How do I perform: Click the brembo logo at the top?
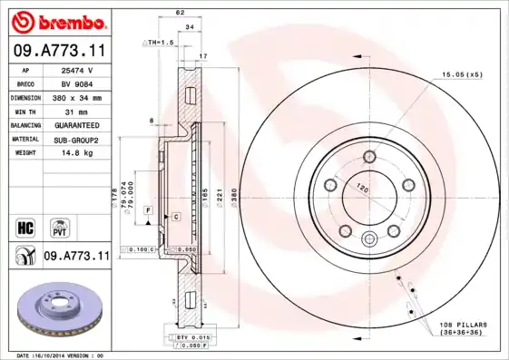[57, 20]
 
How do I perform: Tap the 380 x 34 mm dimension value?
[76, 96]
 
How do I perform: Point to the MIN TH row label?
[24, 111]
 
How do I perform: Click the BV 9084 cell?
[76, 83]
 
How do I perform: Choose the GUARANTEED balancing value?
[76, 125]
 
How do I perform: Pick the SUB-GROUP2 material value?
[76, 140]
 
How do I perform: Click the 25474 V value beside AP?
[76, 69]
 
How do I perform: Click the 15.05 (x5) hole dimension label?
[461, 74]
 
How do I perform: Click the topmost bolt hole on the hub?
[368, 158]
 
